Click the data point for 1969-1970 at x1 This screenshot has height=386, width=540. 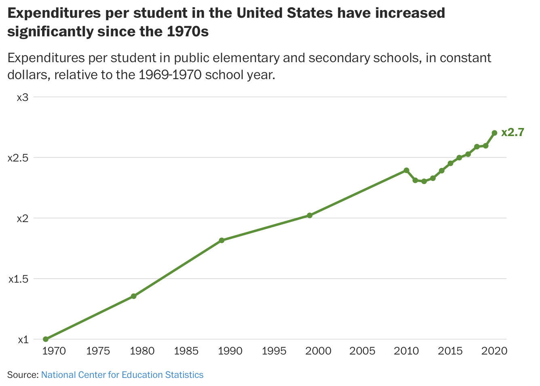pos(46,339)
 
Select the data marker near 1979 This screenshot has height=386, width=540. pos(134,296)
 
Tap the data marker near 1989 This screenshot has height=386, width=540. pos(221,241)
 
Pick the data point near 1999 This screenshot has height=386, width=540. pos(310,216)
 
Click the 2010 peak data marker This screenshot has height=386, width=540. pos(407,170)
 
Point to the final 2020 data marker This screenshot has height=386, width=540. pos(494,133)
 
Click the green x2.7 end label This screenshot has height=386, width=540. pos(513,132)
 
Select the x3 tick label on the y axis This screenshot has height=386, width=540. pos(22,97)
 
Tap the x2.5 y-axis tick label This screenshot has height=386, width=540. pos(18,158)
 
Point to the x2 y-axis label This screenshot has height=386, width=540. pos(22,218)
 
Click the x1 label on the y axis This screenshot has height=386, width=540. pos(23,340)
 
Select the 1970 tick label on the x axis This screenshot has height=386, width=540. pos(54,351)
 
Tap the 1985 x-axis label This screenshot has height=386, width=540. pos(186,351)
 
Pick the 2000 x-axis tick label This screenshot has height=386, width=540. pos(318,351)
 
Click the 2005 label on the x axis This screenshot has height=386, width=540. pos(362,351)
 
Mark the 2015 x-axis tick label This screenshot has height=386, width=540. pos(450,351)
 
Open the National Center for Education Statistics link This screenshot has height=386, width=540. pos(122,375)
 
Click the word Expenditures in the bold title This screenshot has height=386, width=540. pos(54,13)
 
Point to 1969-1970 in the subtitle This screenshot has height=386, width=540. pos(170,75)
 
